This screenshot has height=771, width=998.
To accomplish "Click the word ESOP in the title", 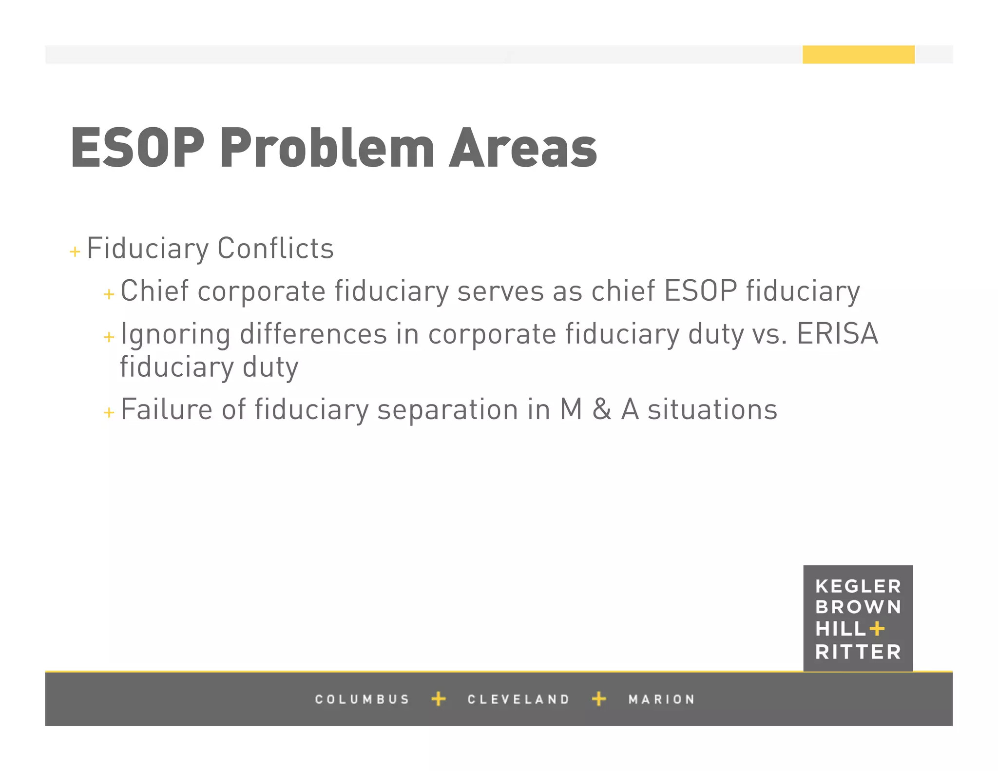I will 137,148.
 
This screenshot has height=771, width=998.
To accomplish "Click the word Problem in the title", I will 327,148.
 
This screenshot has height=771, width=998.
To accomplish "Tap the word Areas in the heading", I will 523,148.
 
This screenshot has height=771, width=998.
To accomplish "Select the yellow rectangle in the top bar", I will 858,55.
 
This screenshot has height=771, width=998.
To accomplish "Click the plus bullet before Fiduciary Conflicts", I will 75,251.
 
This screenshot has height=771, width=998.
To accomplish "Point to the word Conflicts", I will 275,249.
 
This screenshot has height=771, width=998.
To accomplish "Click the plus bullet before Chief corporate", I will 109,294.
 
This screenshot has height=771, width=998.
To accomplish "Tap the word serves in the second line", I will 500,291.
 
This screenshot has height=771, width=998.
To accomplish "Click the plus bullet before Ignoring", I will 109,337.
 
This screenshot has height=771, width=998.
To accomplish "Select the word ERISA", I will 837,334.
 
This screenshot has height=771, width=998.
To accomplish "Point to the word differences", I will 313,334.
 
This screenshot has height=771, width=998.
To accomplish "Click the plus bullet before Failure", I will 109,413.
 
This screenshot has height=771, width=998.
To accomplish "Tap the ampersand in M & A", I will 602,409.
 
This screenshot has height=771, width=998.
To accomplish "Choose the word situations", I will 712,409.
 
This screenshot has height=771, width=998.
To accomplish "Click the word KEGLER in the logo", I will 858,586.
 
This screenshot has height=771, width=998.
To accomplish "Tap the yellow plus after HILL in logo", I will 877,629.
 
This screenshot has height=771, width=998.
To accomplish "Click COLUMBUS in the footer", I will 362,699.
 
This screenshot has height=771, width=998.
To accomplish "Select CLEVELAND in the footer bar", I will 518,699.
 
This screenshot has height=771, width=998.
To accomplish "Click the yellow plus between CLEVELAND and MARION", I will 599,699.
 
